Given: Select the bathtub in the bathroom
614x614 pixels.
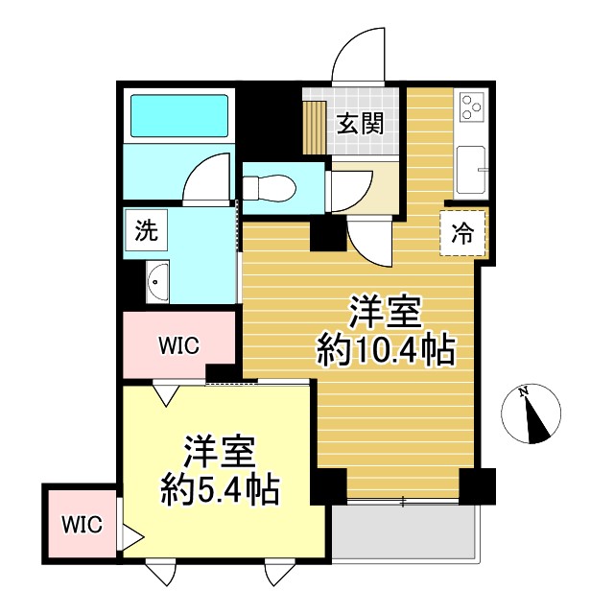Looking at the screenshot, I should click(x=178, y=114).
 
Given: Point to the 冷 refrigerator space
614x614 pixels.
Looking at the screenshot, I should click(x=462, y=232).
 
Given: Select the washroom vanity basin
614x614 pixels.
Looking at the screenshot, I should click(x=157, y=282).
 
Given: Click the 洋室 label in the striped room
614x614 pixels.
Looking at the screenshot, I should click(x=385, y=313).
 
